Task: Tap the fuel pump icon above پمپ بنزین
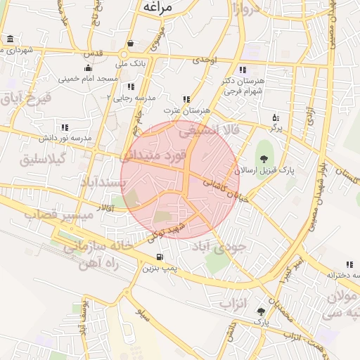click(x=160, y=257)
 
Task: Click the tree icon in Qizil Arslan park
click(x=264, y=159)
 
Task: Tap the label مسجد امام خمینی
click(x=87, y=79)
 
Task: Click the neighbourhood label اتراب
click(x=241, y=304)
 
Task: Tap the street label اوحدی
click(x=207, y=61)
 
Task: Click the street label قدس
click(x=93, y=54)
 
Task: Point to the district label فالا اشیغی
click(x=210, y=130)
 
